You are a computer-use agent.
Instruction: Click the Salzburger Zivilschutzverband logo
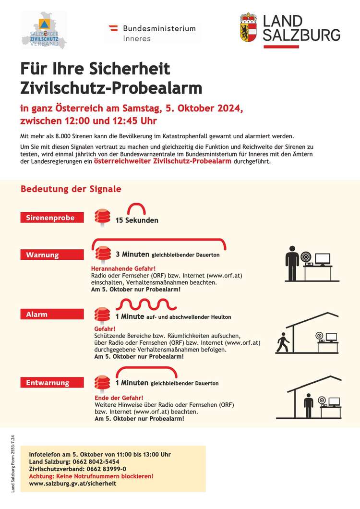(44, 30)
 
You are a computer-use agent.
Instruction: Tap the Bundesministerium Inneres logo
(152, 33)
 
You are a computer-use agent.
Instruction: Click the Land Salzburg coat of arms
(248, 27)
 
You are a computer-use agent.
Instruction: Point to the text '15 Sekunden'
(137, 220)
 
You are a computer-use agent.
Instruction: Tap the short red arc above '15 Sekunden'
(136, 208)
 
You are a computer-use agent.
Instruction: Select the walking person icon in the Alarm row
(282, 342)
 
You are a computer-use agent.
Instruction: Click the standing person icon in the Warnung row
(292, 263)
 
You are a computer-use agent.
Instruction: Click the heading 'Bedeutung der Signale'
(71, 189)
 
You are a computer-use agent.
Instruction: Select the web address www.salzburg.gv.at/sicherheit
(72, 484)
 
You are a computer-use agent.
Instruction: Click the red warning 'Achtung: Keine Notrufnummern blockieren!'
(91, 476)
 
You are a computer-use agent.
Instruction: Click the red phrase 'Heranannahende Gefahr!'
(123, 268)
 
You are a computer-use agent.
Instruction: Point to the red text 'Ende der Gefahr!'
(119, 398)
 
